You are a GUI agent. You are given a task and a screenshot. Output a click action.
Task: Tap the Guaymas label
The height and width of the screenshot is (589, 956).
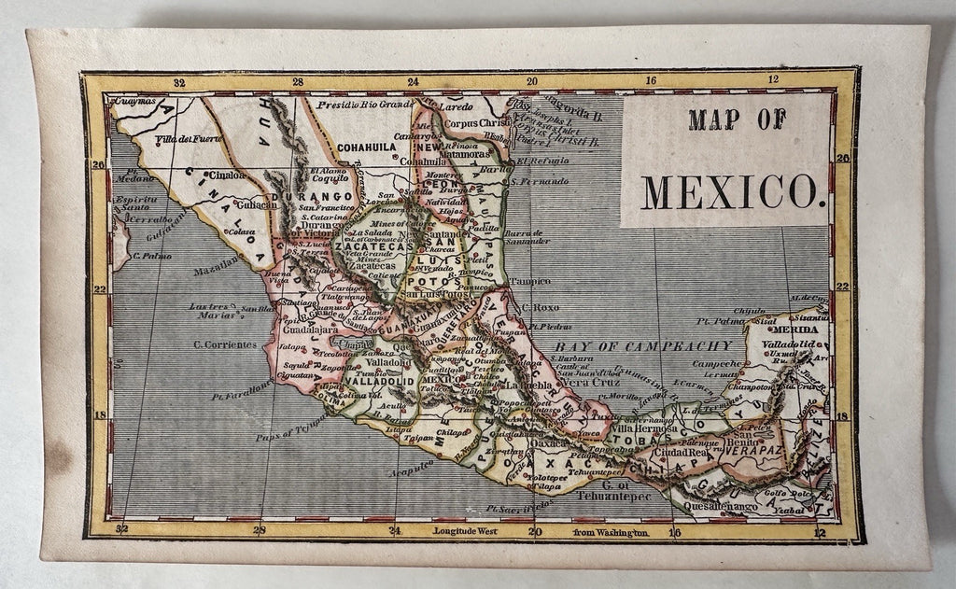click(x=131, y=100)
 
